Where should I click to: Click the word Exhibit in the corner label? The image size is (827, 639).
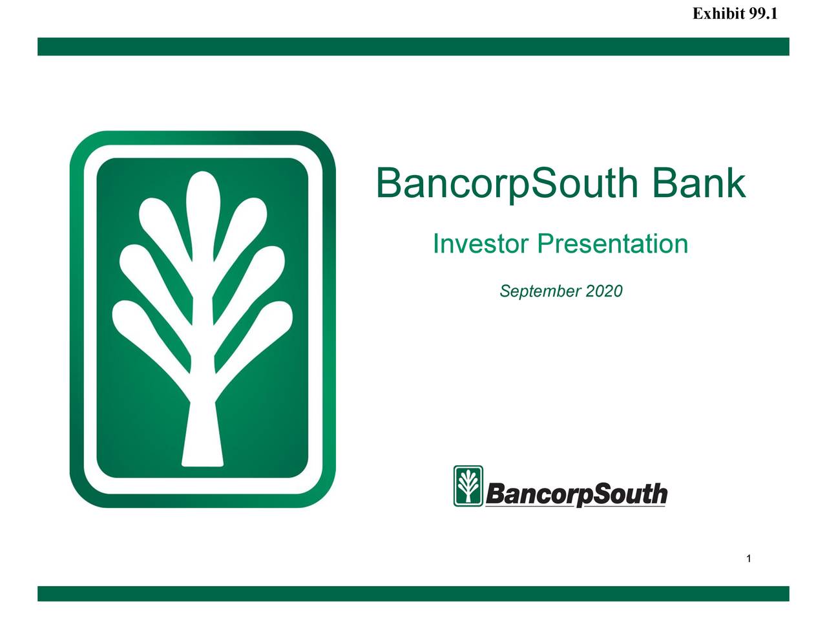[718, 14]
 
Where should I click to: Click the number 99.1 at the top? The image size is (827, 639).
[762, 14]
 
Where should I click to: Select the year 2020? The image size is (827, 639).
[604, 291]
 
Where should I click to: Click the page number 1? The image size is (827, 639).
[748, 558]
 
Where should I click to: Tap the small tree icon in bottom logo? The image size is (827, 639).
[468, 486]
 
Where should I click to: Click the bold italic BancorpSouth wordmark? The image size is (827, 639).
[576, 495]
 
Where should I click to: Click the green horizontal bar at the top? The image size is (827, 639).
[413, 47]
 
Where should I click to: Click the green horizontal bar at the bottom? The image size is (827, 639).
[413, 594]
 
